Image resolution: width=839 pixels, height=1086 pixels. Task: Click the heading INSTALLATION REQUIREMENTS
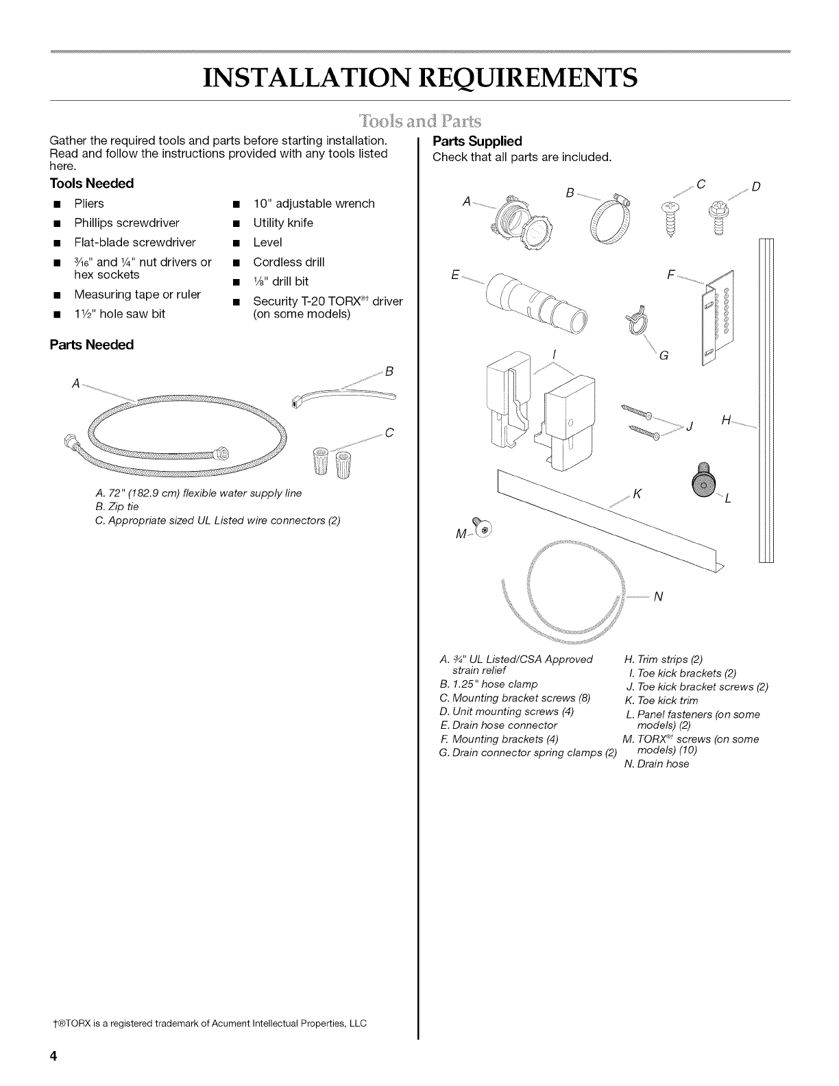tap(419, 77)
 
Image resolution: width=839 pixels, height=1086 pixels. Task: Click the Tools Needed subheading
tap(91, 184)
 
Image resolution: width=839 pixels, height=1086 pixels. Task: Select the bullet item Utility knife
tap(282, 223)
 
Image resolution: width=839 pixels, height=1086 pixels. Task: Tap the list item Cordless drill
tap(289, 262)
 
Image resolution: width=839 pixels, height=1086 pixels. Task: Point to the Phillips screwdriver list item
tap(127, 223)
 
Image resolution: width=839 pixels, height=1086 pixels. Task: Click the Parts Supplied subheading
tap(477, 141)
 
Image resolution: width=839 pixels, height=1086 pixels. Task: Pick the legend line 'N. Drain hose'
tap(656, 764)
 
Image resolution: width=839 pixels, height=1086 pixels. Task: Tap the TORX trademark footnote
tap(208, 1024)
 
